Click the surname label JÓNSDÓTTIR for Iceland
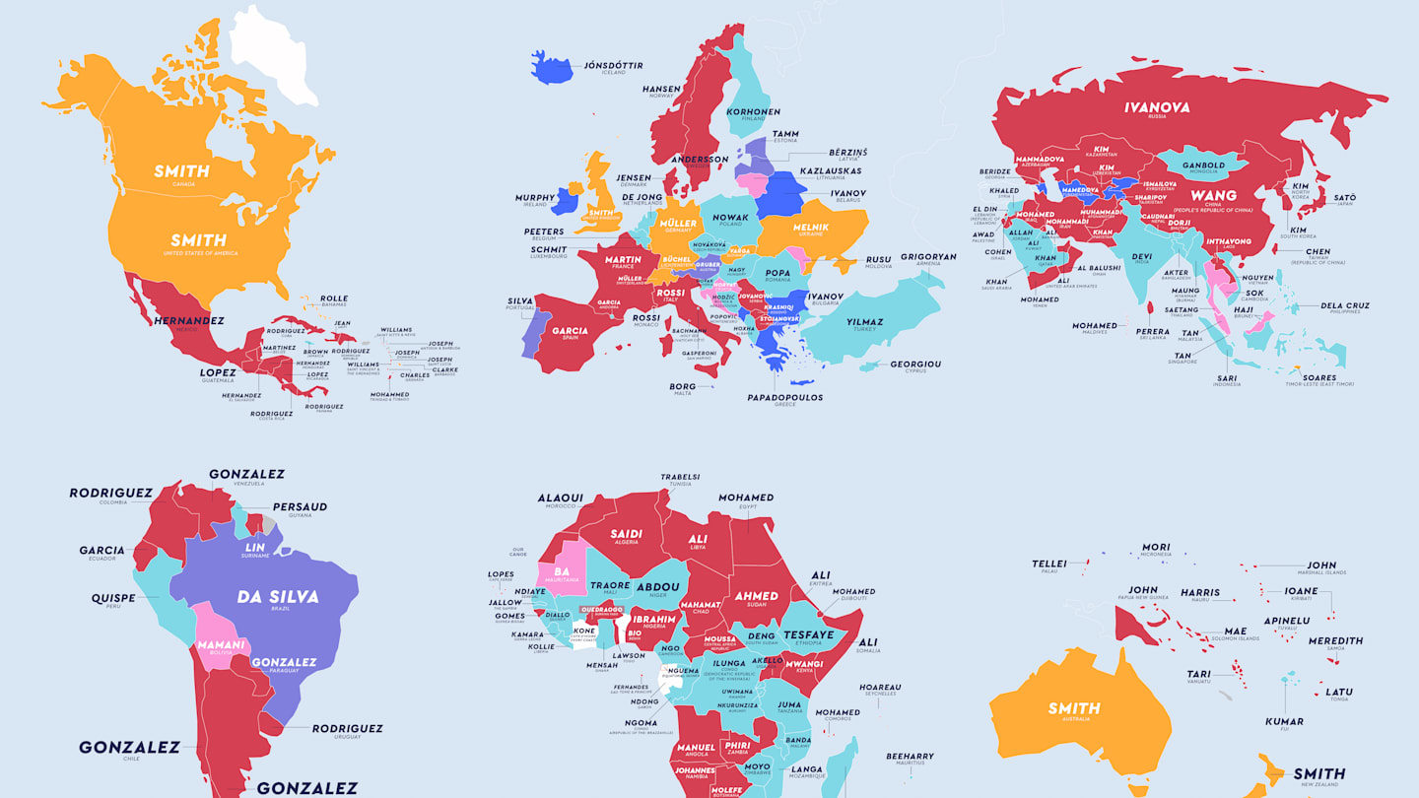(x=613, y=65)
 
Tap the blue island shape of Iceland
(x=551, y=68)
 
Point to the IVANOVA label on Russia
(x=1157, y=107)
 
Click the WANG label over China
(x=1213, y=195)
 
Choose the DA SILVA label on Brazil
(x=263, y=596)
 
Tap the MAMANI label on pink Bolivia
(x=221, y=645)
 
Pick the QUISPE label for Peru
(x=113, y=598)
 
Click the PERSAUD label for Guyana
(x=300, y=506)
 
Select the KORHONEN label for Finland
(x=753, y=112)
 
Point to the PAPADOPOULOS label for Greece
(x=784, y=397)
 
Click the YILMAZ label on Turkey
(x=863, y=321)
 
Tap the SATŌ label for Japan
(x=1344, y=198)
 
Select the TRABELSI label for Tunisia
(x=680, y=477)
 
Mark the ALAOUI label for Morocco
(x=560, y=498)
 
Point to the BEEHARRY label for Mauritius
(x=910, y=756)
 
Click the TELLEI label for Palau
(x=1048, y=564)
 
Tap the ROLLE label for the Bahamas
(x=334, y=299)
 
